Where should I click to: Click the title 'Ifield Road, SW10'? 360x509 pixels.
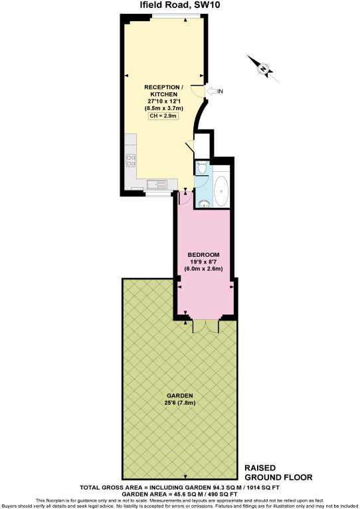[179, 6]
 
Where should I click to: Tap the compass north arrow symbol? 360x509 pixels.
[264, 68]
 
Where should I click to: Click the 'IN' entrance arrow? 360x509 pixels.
[213, 91]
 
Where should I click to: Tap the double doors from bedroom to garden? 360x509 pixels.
[205, 325]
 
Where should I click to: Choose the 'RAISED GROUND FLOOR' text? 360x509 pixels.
[278, 472]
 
